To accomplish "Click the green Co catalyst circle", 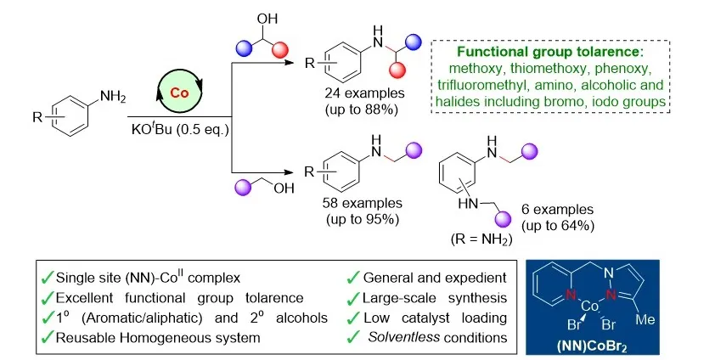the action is pos(179,93).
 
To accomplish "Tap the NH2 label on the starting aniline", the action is pos(113,97).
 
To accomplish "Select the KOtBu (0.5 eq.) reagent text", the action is pos(180,129).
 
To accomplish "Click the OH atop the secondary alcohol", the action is pos(267,19).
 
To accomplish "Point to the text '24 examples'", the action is pos(364,93).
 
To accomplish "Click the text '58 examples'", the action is pos(362,203).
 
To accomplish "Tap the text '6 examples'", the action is pos(557,209).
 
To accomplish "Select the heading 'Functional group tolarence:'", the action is pos(550,52).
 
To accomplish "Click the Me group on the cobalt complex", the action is pos(645,319).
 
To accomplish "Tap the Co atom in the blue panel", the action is pos(590,307).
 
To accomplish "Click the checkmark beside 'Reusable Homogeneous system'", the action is pos(48,338).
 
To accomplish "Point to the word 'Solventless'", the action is pos(404,337).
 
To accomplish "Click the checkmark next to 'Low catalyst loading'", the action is pos(353,318).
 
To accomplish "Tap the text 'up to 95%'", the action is pos(363,220).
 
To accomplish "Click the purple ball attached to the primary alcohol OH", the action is pos(242,187).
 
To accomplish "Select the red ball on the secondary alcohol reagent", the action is pos(279,50).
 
